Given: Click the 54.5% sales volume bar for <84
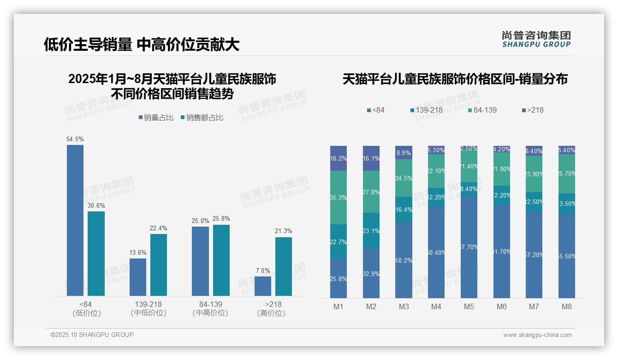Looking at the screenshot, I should click(75, 220).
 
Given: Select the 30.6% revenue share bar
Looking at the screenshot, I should click(96, 253).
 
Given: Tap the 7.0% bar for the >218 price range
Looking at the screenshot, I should click(263, 286).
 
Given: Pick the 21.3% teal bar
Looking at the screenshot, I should click(284, 266).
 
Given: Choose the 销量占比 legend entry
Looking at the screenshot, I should click(156, 118).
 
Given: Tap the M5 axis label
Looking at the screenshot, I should click(469, 306).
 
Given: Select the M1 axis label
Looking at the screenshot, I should click(339, 306).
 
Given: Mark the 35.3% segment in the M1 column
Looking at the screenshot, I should click(339, 198).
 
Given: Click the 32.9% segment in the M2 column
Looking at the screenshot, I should click(371, 273).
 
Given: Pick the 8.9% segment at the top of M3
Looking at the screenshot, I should click(404, 153).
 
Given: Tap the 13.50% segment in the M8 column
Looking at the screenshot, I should click(567, 204).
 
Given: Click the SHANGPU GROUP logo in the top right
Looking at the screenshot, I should click(536, 39).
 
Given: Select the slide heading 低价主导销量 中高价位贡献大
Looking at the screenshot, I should click(142, 44).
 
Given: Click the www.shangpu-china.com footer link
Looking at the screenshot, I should click(537, 335).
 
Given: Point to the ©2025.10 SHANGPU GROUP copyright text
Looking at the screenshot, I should click(92, 335).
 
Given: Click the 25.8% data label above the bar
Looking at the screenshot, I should click(221, 219).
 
